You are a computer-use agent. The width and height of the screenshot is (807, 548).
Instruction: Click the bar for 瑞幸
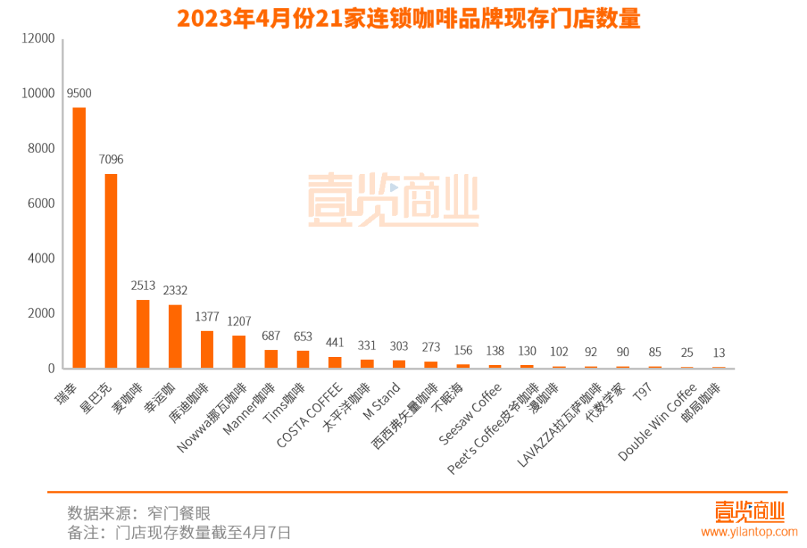click(x=78, y=237)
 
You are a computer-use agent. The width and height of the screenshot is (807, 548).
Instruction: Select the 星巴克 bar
click(x=111, y=270)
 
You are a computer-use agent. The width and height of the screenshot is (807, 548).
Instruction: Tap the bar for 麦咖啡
click(x=143, y=334)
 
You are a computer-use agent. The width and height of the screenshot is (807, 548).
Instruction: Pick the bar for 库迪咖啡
click(x=207, y=349)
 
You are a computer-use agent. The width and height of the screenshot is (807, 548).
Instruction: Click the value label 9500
click(x=78, y=93)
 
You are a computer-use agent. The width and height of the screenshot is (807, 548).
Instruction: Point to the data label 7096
click(x=111, y=159)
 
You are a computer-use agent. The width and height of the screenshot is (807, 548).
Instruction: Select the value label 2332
click(x=175, y=290)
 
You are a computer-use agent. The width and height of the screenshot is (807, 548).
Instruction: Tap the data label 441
click(x=336, y=342)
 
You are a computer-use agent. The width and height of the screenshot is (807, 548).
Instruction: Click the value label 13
click(x=719, y=352)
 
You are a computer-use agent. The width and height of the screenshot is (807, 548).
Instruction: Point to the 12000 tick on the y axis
click(x=39, y=38)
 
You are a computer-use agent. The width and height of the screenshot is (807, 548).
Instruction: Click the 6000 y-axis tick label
click(x=42, y=203)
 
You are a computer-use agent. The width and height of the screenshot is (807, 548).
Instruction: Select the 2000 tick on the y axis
click(x=42, y=314)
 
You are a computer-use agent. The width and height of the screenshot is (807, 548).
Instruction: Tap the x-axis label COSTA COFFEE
click(x=310, y=415)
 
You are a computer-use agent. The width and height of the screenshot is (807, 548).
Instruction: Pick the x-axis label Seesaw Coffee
click(x=470, y=414)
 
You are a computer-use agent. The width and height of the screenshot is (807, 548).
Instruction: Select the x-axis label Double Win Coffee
click(x=658, y=422)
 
